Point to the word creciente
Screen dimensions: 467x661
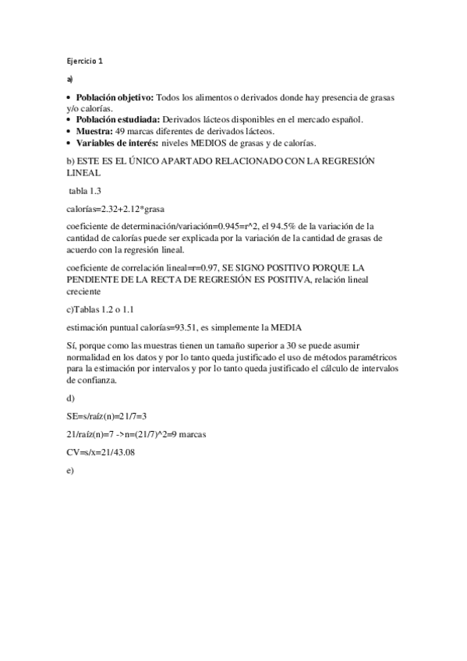(x=84, y=291)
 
